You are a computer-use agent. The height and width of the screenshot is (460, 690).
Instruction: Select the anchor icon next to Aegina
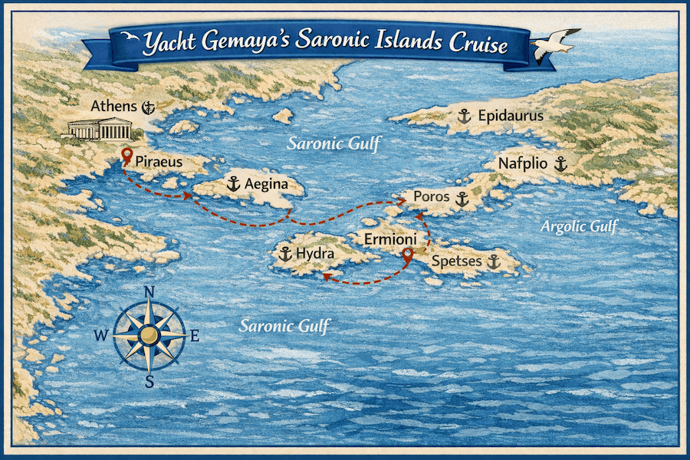click(233, 184)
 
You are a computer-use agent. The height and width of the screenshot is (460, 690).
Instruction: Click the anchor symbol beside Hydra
click(285, 254)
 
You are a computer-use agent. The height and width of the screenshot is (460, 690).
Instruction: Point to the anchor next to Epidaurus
click(463, 117)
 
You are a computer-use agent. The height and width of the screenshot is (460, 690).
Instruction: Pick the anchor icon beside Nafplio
click(560, 163)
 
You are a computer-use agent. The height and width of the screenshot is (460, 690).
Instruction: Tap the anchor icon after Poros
click(462, 199)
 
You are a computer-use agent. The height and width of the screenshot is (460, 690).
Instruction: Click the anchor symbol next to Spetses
click(494, 261)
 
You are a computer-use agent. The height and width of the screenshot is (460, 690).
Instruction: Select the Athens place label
click(113, 107)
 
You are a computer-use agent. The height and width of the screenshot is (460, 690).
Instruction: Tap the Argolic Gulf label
click(578, 226)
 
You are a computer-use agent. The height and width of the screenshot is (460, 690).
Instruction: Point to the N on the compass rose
click(149, 291)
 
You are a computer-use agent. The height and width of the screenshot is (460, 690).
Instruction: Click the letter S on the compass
click(149, 380)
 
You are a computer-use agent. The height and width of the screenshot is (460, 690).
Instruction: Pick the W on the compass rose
click(101, 335)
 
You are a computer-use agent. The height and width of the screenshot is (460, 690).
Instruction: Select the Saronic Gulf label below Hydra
click(284, 326)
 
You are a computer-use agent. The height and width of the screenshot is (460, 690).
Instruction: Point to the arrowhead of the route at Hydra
click(325, 277)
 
